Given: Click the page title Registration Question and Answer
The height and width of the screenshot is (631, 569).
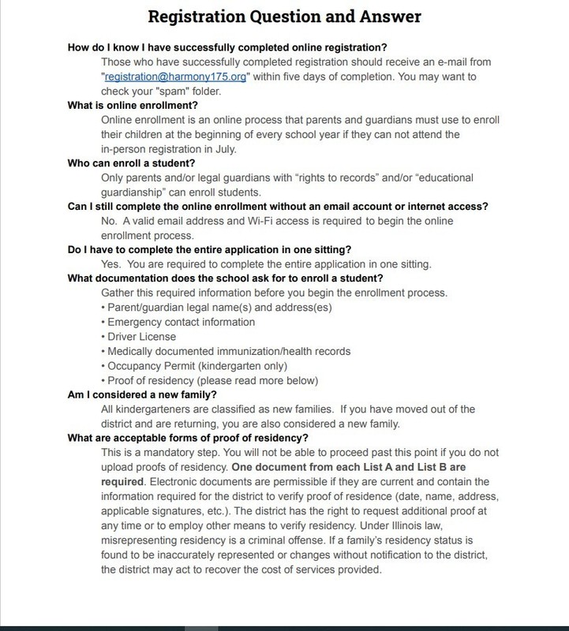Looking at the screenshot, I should [285, 16].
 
